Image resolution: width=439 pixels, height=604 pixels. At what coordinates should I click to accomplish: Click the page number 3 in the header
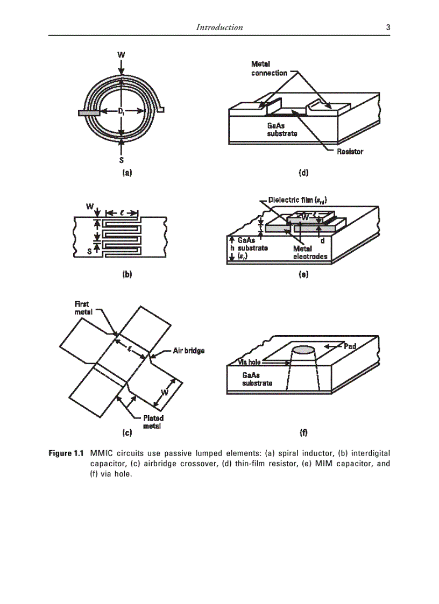(388, 27)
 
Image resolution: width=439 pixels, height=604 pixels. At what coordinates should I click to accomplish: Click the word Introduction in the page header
(219, 27)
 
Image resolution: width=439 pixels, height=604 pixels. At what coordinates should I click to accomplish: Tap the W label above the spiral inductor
(122, 55)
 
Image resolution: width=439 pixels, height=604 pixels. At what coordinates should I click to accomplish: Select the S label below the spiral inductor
(122, 160)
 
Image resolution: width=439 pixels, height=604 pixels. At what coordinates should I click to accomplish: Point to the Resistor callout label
(350, 152)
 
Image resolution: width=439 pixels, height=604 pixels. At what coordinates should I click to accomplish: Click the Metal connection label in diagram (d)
(269, 69)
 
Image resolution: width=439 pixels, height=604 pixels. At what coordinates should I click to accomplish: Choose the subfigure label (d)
(303, 173)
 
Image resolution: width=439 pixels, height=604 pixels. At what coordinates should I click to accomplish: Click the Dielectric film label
(298, 201)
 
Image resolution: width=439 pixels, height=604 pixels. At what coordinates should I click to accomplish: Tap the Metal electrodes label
(310, 253)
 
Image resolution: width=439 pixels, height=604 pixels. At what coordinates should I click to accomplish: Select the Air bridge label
(188, 351)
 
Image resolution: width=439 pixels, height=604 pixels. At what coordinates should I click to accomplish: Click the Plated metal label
(153, 422)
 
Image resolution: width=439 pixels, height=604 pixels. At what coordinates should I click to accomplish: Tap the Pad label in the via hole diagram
(351, 345)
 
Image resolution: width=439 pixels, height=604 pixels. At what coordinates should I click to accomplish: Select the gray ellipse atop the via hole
(303, 351)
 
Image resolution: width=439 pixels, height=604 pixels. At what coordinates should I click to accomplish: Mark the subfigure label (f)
(303, 432)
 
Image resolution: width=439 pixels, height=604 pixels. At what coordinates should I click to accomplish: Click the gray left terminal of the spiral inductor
(88, 113)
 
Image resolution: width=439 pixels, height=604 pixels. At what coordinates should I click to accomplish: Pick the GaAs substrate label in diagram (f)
(257, 379)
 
